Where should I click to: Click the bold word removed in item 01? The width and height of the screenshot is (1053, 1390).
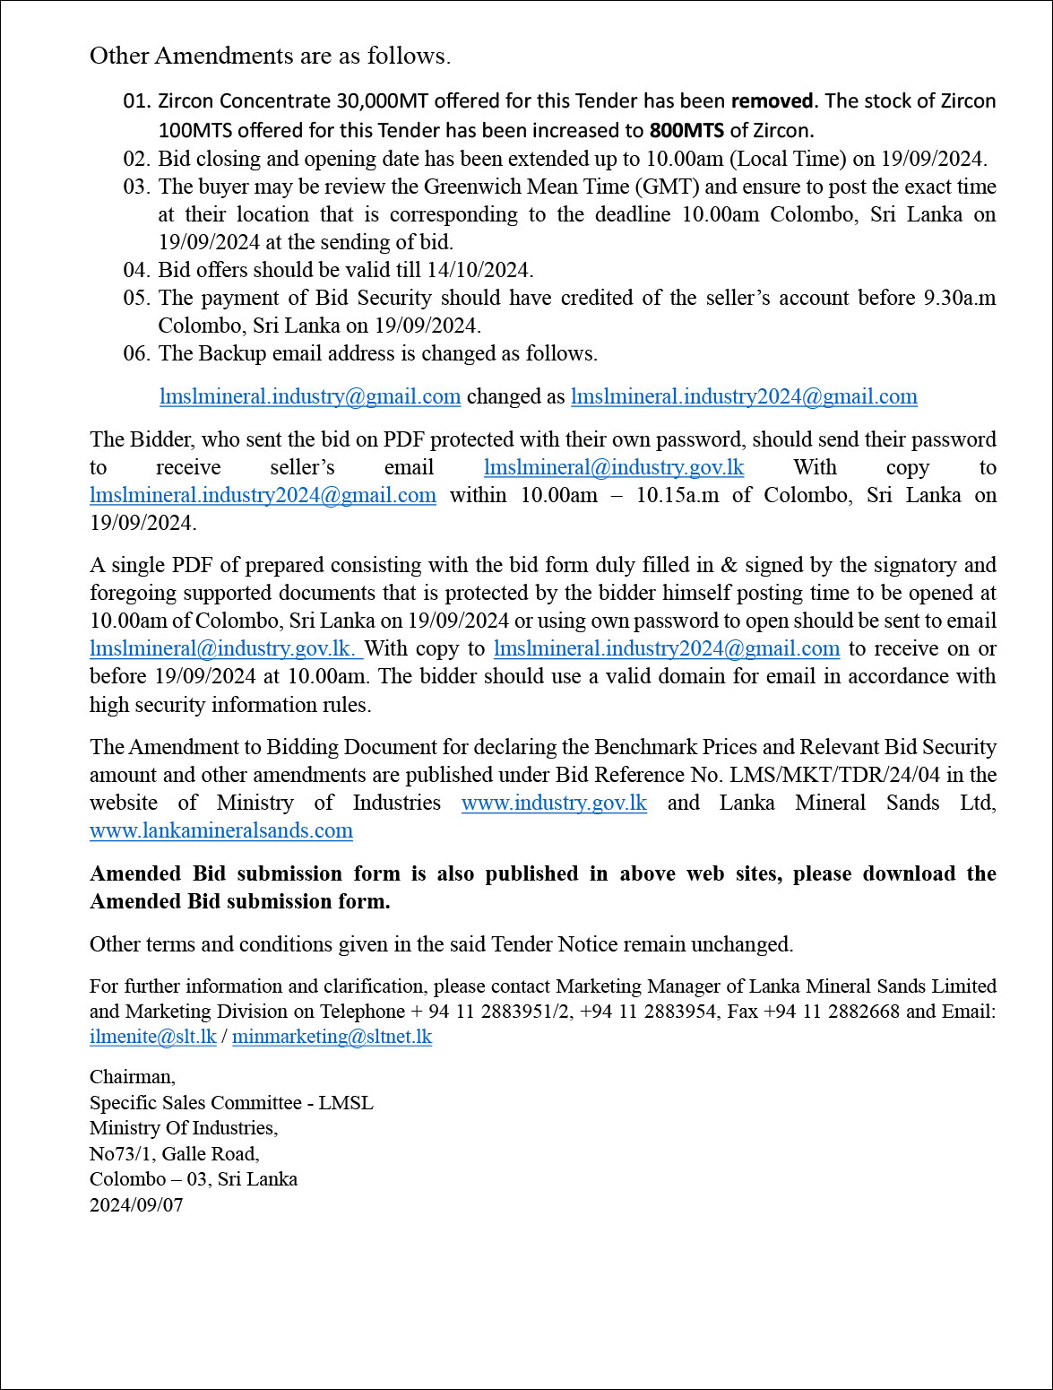tap(772, 100)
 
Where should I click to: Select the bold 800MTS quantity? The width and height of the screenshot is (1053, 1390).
tap(686, 130)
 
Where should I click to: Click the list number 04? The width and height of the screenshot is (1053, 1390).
tap(136, 270)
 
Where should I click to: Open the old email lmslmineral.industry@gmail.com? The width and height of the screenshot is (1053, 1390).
tap(310, 396)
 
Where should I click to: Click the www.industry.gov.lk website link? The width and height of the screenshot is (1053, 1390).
tap(554, 803)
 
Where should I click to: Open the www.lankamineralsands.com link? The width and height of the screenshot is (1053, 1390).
tap(221, 830)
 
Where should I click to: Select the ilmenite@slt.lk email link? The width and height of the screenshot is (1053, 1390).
tap(153, 1037)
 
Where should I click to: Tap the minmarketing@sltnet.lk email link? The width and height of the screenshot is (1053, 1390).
tap(332, 1037)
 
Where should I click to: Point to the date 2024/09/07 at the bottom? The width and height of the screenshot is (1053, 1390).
tap(136, 1204)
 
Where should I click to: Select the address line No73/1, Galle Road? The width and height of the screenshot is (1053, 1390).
tap(175, 1153)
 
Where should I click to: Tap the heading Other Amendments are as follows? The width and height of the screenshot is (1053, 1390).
tap(270, 56)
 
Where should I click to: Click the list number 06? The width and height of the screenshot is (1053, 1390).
tap(136, 353)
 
